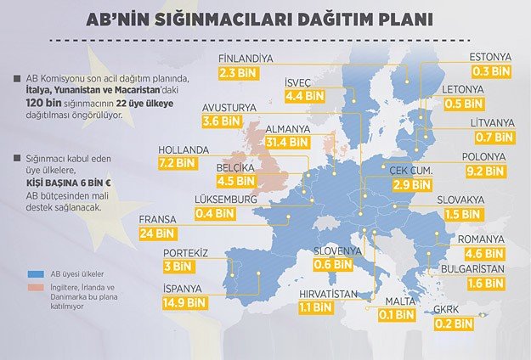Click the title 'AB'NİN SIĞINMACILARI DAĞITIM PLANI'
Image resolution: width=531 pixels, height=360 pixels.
click(x=265, y=19)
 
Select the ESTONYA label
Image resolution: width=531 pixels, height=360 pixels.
click(x=490, y=58)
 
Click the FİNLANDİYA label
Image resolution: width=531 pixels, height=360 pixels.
click(x=245, y=59)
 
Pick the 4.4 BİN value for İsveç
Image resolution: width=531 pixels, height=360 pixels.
click(x=304, y=96)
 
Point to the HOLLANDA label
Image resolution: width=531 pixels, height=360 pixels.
click(x=184, y=150)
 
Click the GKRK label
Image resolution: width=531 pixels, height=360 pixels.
click(x=451, y=310)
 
